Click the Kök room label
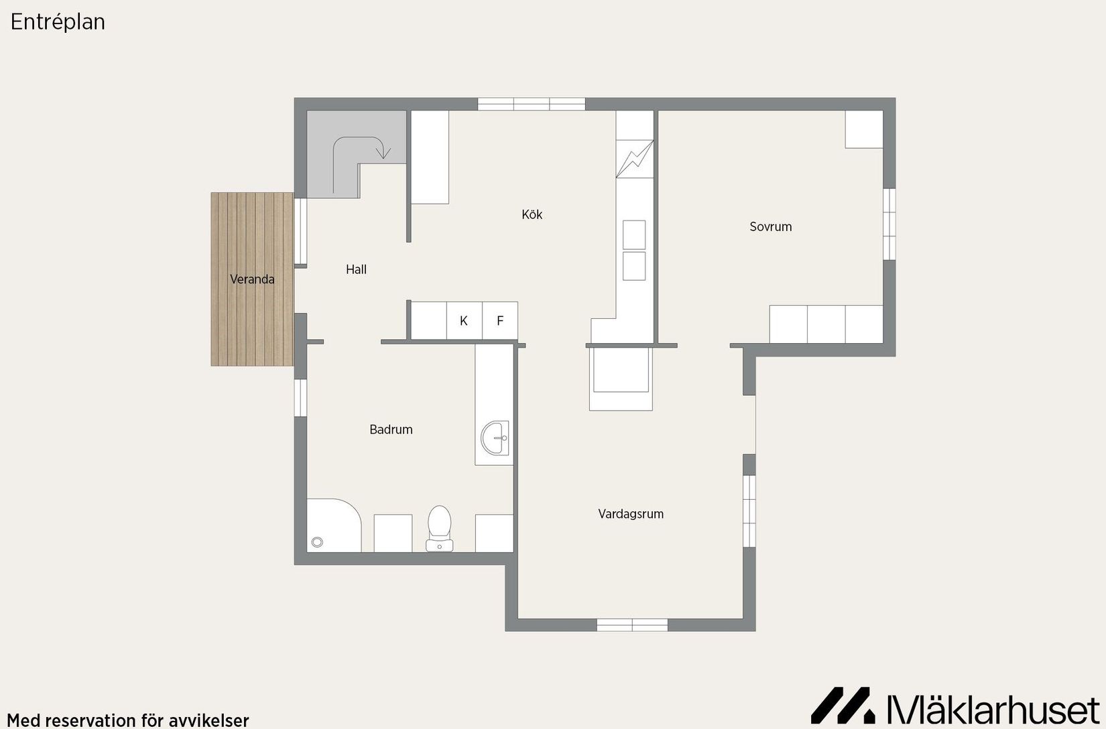point(532,214)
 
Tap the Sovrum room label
point(770,226)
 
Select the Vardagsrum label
point(631,514)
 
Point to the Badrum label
point(391,429)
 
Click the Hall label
point(356,269)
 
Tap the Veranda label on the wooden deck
point(252,279)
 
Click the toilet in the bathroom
point(440,528)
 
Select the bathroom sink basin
point(495,438)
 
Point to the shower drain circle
point(317,543)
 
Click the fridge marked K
point(464,321)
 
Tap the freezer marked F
point(500,321)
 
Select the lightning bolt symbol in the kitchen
point(635,158)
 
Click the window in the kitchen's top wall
point(532,104)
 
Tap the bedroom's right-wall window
point(889,224)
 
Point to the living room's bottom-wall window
point(632,625)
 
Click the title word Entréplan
point(58,22)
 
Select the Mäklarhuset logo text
point(993,710)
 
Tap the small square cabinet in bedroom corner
point(863,129)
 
